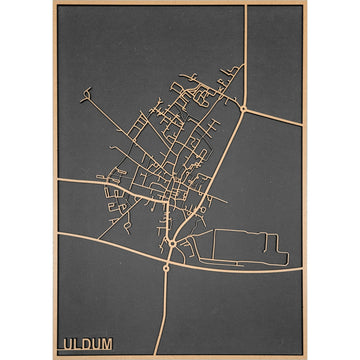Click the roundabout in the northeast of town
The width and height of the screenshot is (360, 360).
coord(243,107)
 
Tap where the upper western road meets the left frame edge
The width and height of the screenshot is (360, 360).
coord(58,181)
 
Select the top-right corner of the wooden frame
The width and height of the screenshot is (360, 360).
coord(306,2)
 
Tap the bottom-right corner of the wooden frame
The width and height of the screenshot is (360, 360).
coord(306,358)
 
